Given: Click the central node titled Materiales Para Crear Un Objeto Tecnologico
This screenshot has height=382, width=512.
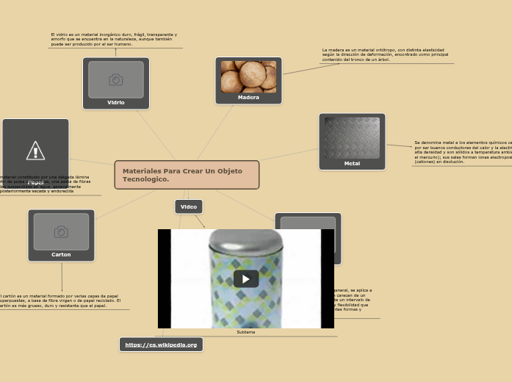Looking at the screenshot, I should pyautogui.click(x=187, y=175).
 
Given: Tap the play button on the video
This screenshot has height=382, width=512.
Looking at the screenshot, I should pyautogui.click(x=245, y=278).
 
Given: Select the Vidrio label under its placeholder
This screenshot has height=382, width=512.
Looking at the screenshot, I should pyautogui.click(x=116, y=102).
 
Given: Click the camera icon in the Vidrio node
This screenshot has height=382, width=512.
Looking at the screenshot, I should pyautogui.click(x=116, y=79).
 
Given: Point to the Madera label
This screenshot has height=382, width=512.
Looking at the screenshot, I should pyautogui.click(x=248, y=97).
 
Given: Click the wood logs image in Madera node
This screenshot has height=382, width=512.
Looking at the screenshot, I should pyautogui.click(x=248, y=76).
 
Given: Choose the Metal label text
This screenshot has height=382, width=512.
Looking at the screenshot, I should pyautogui.click(x=352, y=163).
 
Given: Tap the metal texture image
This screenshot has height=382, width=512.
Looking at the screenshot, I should pyautogui.click(x=352, y=137).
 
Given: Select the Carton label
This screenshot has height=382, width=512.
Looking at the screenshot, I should pyautogui.click(x=61, y=254).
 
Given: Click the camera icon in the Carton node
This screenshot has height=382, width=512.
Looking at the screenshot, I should pyautogui.click(x=61, y=231).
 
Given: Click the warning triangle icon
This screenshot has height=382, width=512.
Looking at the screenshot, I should pyautogui.click(x=35, y=151).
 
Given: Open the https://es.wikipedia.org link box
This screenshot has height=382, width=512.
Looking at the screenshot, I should pyautogui.click(x=161, y=345).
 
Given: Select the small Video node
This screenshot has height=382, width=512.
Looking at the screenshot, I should pyautogui.click(x=189, y=206).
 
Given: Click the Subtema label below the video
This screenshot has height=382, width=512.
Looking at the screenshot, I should pyautogui.click(x=245, y=332).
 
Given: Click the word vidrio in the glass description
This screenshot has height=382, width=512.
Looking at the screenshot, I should pyautogui.click(x=62, y=35).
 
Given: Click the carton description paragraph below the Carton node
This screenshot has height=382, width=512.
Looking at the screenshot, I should pyautogui.click(x=60, y=300).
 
